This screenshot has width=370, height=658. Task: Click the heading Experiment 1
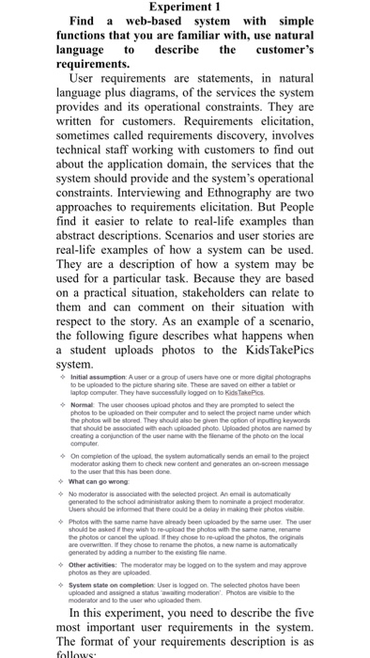click(184, 9)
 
